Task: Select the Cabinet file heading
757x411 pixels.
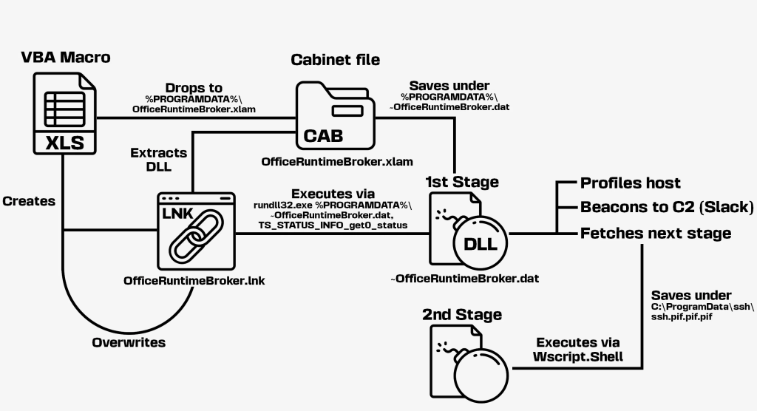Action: tap(336, 59)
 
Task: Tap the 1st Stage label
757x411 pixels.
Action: tap(462, 181)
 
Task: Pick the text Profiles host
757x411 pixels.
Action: tap(631, 183)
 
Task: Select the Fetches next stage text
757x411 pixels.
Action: tap(656, 234)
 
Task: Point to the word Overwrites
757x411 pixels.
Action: tap(129, 343)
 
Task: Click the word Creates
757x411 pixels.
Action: tap(29, 200)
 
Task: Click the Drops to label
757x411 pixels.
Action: tap(193, 87)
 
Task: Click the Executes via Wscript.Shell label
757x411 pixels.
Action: tap(577, 349)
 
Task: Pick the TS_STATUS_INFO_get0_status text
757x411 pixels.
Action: tap(332, 225)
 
